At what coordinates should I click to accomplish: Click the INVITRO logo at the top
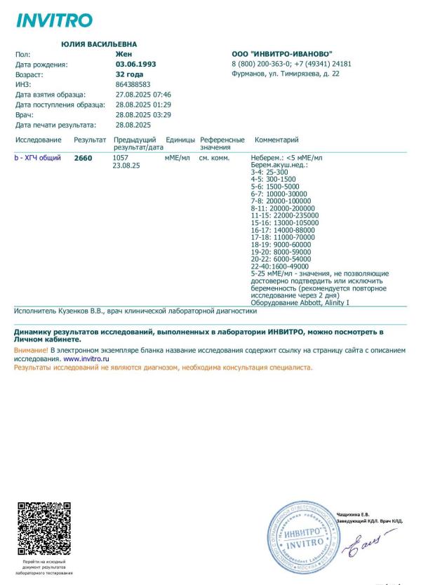pos(54,20)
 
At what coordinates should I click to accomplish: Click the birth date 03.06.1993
pos(135,64)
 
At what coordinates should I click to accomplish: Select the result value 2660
pos(83,159)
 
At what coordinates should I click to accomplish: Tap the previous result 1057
pos(120,158)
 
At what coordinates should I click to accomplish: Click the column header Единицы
pos(180,140)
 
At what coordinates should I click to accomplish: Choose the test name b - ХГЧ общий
pos(38,159)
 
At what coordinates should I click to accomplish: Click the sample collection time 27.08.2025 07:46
pos(143,94)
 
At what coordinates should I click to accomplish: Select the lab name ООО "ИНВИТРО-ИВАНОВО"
pos(281,54)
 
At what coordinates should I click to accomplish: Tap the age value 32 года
pos(129,74)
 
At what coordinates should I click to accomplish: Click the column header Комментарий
pos(276,140)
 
